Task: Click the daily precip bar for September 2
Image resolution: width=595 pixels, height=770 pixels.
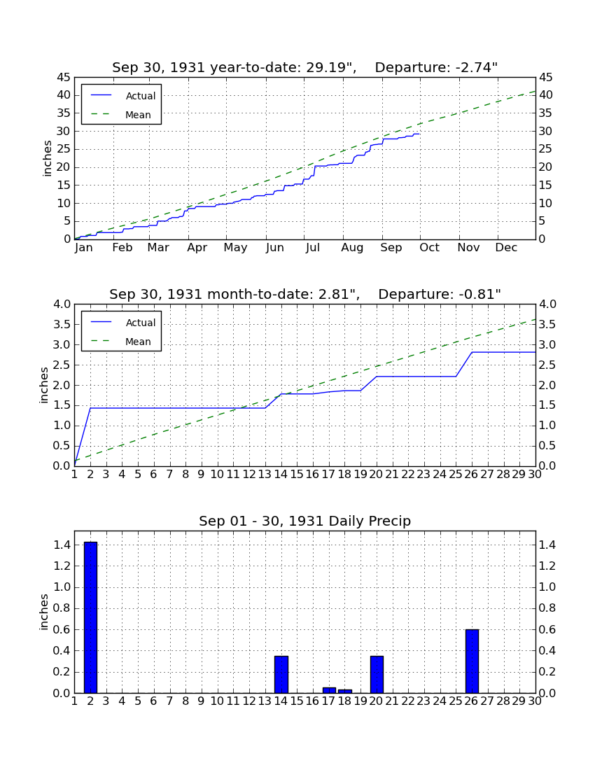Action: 90,617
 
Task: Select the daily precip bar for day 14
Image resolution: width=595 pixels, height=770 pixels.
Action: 281,674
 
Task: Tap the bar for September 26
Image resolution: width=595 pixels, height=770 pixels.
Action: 472,661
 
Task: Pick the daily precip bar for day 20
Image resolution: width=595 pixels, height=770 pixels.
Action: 377,674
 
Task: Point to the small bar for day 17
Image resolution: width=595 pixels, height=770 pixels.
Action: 329,690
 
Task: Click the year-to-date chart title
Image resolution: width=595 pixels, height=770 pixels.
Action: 305,67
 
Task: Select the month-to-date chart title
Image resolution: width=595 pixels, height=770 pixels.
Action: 305,294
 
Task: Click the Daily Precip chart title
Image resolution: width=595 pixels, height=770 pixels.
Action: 305,521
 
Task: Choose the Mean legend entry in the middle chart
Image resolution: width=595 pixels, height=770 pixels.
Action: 121,342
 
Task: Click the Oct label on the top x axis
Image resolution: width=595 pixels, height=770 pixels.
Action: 430,248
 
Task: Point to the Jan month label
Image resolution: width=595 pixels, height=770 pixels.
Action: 84,248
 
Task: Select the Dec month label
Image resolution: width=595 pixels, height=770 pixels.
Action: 506,248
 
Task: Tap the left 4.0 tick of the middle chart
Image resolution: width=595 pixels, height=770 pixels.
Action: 62,304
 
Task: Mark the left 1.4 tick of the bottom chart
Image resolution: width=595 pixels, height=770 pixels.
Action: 62,545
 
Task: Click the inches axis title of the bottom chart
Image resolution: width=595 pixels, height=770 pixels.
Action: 44,612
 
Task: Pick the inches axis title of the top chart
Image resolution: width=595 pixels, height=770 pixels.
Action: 47,158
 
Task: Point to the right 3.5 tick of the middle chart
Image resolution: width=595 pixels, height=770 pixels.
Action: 547,325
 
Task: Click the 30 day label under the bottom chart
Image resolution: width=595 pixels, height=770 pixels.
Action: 535,701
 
